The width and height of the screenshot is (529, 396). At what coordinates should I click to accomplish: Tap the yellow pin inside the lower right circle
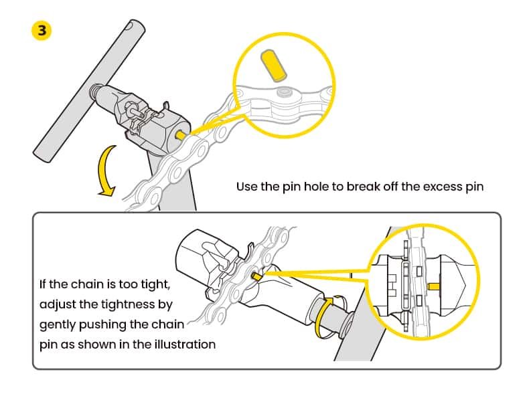434,286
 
